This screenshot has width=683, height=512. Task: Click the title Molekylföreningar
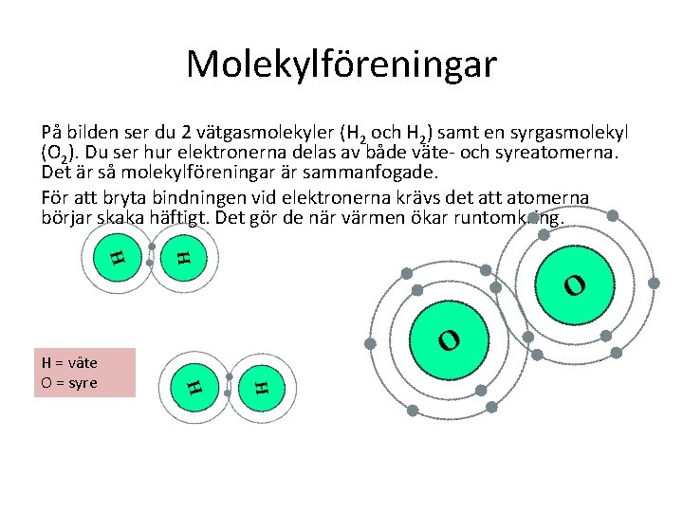pyautogui.click(x=341, y=64)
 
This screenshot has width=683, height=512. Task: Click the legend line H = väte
pyautogui.click(x=69, y=362)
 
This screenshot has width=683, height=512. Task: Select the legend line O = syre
pyautogui.click(x=69, y=381)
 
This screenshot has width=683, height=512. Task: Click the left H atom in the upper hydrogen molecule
pyautogui.click(x=116, y=256)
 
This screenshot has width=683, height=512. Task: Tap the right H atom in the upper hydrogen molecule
pyautogui.click(x=183, y=256)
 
